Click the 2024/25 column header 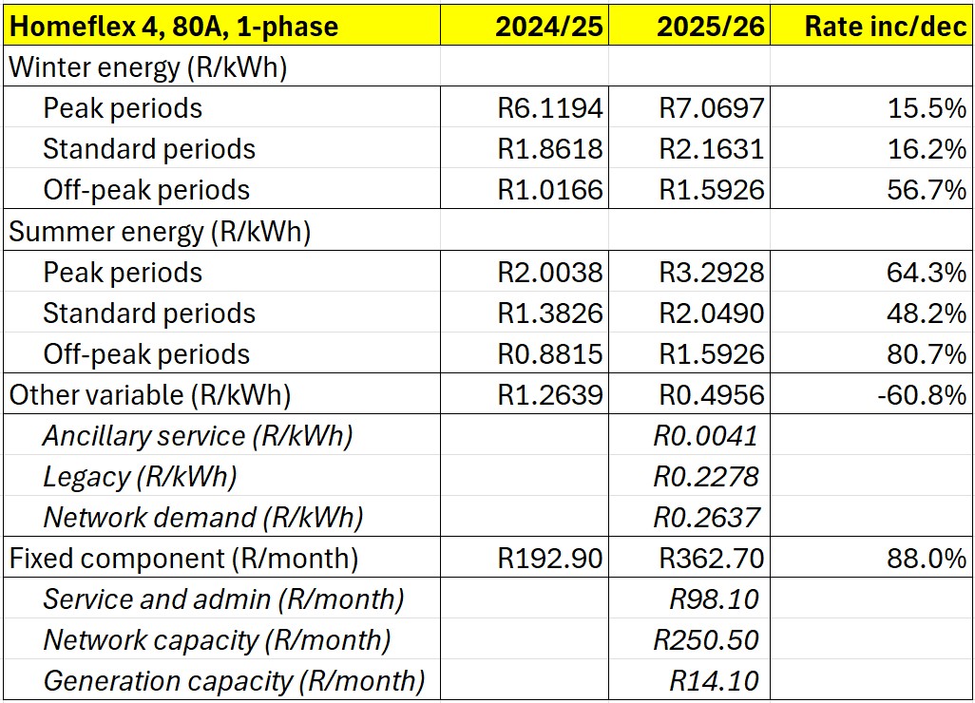coord(548,26)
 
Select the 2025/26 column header coord(710,26)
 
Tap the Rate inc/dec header coord(885,26)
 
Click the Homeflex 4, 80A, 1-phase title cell coord(174,26)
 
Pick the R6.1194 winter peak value coord(550,108)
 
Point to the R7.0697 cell coord(712,108)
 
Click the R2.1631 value coord(712,149)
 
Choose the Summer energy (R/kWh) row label coord(161,231)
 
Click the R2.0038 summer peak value coord(550,273)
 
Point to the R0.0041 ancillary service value coord(706,436)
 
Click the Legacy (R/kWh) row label coord(140,477)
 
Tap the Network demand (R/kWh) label coord(203,518)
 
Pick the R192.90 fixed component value coord(550,559)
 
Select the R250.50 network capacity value coord(706,640)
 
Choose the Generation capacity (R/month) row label coord(234,681)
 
